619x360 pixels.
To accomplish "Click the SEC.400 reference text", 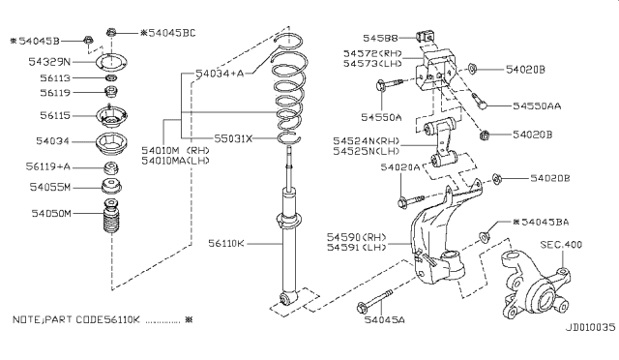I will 561,246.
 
